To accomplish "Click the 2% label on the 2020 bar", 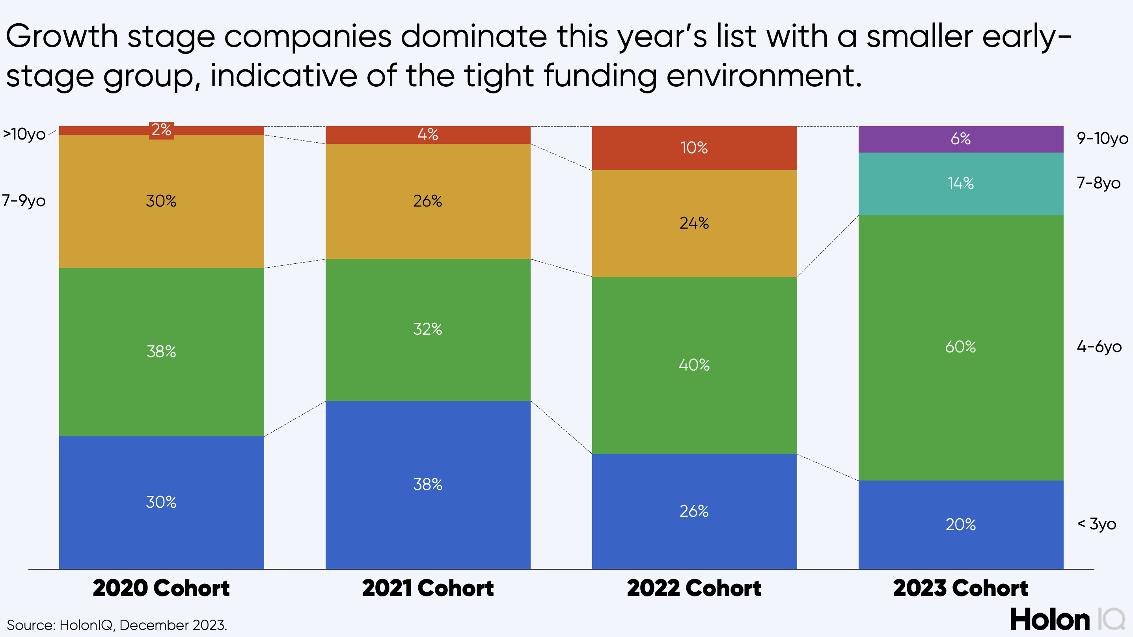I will pyautogui.click(x=161, y=130).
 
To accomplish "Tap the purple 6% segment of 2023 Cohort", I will pyautogui.click(x=961, y=139).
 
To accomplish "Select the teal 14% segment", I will pyautogui.click(x=961, y=183).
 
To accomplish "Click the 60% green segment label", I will pyautogui.click(x=961, y=347).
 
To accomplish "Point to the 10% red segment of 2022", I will pyautogui.click(x=694, y=148).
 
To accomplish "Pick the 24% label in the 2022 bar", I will pyautogui.click(x=694, y=223).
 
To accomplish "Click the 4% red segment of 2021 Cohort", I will pyautogui.click(x=427, y=135).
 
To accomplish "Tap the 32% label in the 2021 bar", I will pyautogui.click(x=427, y=329).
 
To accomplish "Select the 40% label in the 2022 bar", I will pyautogui.click(x=694, y=365).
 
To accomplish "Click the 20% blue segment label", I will pyautogui.click(x=961, y=524).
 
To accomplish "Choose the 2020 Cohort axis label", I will pyautogui.click(x=161, y=588).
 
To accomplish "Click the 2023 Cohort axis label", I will pyautogui.click(x=961, y=588).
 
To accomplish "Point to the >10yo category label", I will pyautogui.click(x=24, y=134).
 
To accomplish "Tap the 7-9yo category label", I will pyautogui.click(x=24, y=201).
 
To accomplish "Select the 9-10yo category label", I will pyautogui.click(x=1102, y=139).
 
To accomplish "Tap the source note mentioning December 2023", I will pyautogui.click(x=117, y=625).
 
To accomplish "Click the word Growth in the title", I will pyautogui.click(x=61, y=37).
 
